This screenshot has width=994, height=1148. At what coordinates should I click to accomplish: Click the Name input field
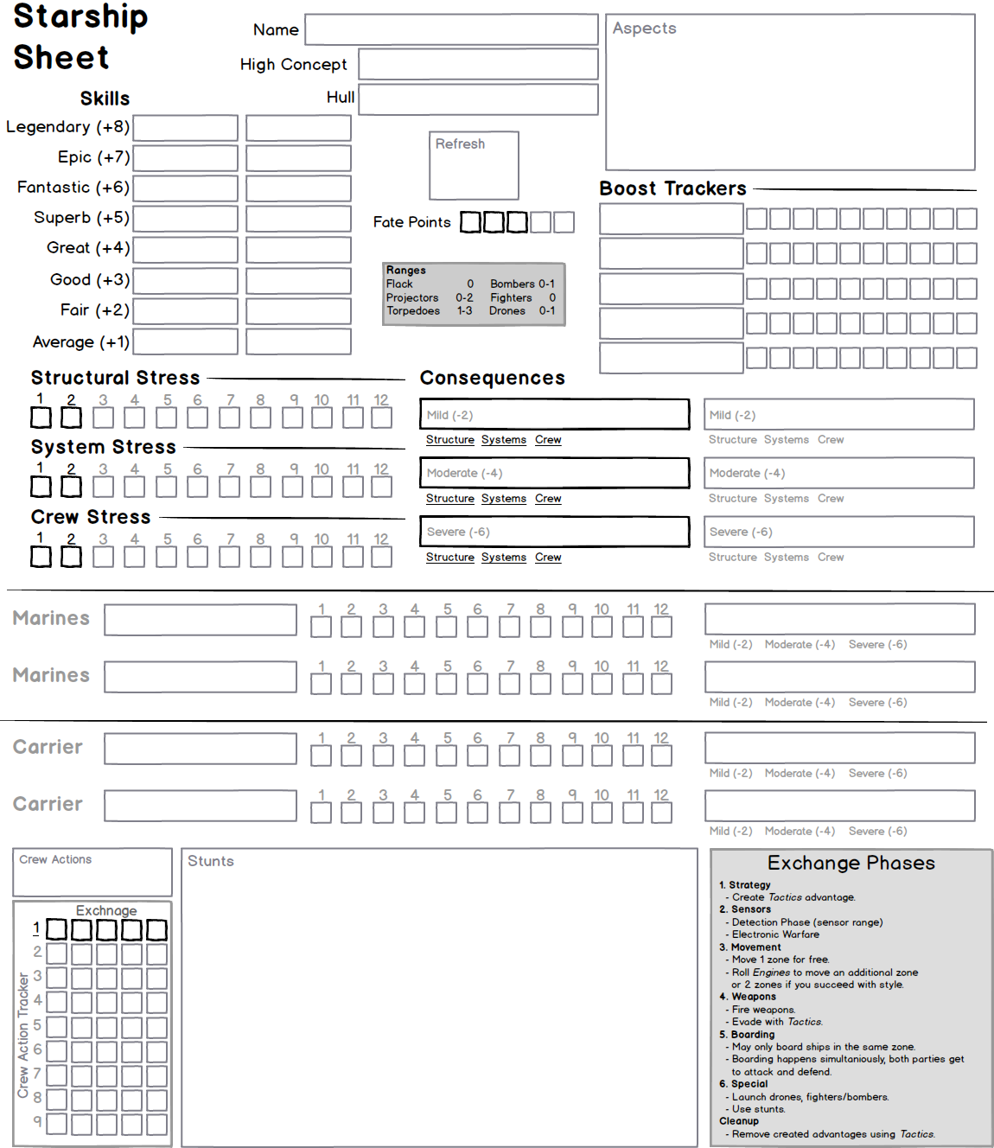[x=451, y=29]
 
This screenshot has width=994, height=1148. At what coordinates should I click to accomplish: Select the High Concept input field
[x=478, y=64]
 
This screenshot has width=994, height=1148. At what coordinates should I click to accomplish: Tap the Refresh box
[x=474, y=165]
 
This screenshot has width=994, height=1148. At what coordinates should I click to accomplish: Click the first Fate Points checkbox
[x=470, y=222]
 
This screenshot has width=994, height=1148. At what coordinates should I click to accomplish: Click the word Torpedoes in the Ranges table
[x=413, y=310]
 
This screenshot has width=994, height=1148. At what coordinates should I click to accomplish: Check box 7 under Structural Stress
[x=229, y=418]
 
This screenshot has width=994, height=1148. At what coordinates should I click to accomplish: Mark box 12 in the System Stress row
[x=381, y=487]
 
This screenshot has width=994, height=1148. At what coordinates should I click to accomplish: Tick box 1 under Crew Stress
[x=41, y=557]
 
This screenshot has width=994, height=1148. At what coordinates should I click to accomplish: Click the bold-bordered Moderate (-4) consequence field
[x=554, y=473]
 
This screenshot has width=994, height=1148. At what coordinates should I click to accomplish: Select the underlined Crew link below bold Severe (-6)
[x=548, y=558]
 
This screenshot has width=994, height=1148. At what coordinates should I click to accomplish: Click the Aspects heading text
[x=644, y=29]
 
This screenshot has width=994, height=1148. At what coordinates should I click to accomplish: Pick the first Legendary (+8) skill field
[x=185, y=128]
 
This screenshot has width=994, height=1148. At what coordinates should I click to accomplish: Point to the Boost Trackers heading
[x=672, y=188]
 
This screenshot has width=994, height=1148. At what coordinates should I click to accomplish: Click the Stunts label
[x=210, y=861]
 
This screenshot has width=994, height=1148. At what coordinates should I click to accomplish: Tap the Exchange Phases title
[x=851, y=863]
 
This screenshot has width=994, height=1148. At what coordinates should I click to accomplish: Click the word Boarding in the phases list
[x=752, y=1035]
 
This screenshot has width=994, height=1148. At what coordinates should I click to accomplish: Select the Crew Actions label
[x=55, y=859]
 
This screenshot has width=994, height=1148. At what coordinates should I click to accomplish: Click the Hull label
[x=340, y=98]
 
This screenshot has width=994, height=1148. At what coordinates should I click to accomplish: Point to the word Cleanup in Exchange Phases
[x=738, y=1121]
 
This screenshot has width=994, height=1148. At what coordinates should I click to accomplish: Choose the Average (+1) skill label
[x=80, y=342]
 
